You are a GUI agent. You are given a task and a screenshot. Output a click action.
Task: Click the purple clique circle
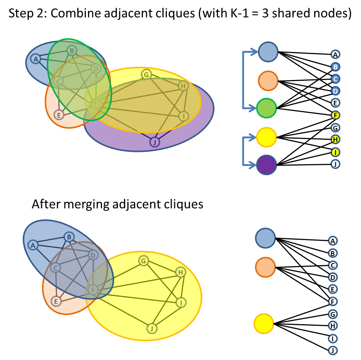[x=266, y=165]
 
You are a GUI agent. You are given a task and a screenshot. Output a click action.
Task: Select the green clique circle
[x=266, y=108]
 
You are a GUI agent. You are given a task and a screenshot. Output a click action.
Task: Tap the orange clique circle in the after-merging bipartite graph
[x=265, y=267]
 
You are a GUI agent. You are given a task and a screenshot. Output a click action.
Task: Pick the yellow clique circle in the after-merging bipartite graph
[x=264, y=323]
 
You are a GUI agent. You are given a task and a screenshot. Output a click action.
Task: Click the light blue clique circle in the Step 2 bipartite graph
[x=268, y=52]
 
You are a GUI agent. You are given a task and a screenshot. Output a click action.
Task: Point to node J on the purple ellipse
[x=155, y=142]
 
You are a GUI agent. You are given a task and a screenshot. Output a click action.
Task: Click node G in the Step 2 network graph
[x=146, y=75]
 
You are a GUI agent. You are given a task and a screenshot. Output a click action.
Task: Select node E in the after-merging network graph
[x=56, y=301]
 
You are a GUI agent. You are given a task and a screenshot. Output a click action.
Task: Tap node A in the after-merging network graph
[x=33, y=245]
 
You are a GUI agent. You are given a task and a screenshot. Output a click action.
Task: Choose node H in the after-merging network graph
[x=180, y=272]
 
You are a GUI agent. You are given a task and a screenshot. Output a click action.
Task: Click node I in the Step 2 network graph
[x=183, y=116]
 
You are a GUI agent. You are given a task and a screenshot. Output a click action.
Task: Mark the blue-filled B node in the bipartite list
[x=335, y=67]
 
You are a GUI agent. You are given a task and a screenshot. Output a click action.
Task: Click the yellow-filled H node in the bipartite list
[x=335, y=139]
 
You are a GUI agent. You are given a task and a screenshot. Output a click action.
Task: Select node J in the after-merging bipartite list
[x=333, y=350]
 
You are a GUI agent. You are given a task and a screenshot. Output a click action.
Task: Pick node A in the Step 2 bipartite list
[x=335, y=55]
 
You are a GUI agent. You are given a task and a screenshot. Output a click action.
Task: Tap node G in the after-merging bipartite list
[x=333, y=314]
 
